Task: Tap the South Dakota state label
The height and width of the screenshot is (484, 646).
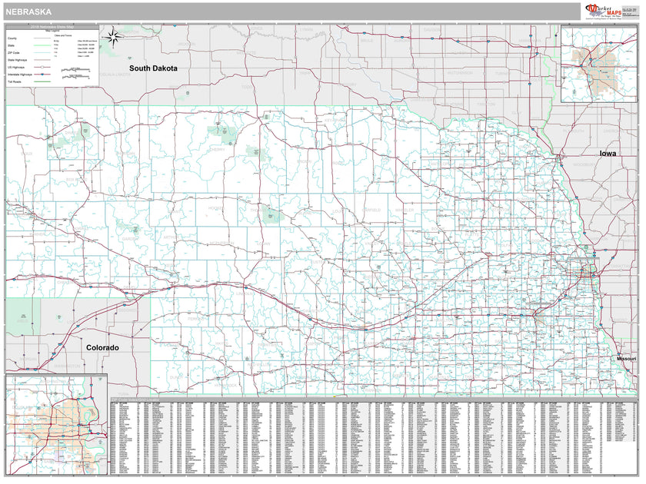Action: click(x=153, y=68)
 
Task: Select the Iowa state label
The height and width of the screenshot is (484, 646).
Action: click(x=608, y=154)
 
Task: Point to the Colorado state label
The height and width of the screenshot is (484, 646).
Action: click(x=102, y=348)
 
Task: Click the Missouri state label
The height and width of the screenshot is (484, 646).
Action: click(x=626, y=360)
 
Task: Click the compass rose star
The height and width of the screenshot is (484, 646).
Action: click(x=112, y=35)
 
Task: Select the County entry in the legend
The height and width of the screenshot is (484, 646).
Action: click(x=13, y=38)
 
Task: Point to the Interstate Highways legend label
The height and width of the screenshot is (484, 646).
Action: click(x=21, y=74)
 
